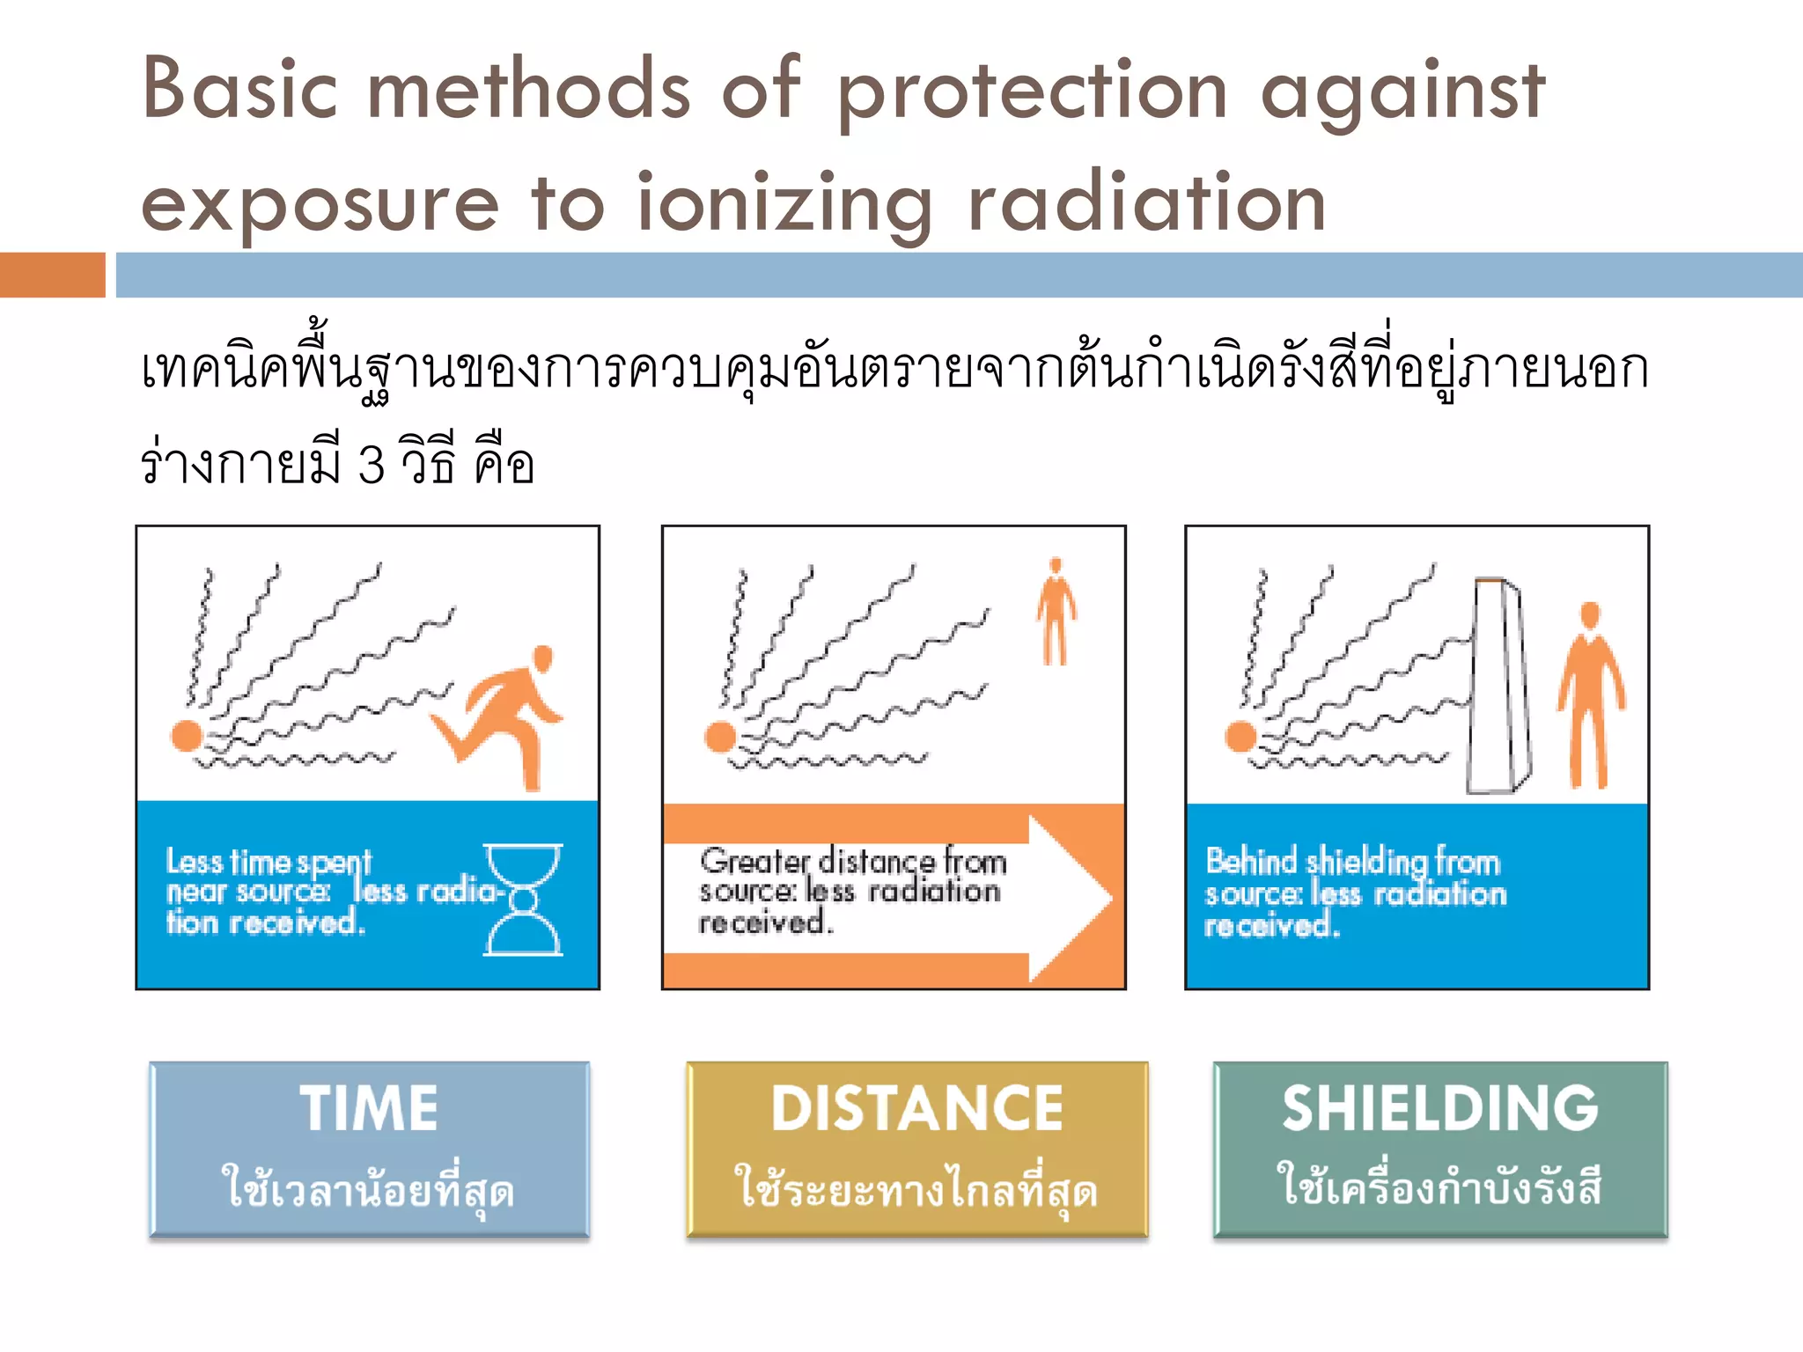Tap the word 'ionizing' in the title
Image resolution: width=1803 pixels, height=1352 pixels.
tap(784, 204)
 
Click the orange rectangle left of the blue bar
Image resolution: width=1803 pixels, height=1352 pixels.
tap(52, 275)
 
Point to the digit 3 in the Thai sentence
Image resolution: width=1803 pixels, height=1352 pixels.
tap(372, 464)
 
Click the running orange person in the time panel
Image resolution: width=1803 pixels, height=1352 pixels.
tap(505, 715)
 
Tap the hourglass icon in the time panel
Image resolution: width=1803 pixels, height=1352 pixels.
tap(523, 900)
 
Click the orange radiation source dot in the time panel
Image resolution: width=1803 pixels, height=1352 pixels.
tap(188, 735)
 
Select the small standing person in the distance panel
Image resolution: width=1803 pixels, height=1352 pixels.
tap(1056, 611)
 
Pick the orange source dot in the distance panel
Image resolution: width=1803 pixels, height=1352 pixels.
tap(720, 737)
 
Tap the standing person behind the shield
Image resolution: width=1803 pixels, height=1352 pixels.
tap(1590, 695)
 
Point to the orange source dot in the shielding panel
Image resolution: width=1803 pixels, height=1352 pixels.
tap(1240, 736)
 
